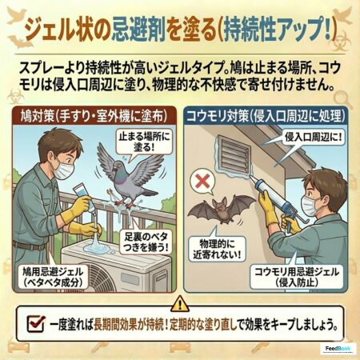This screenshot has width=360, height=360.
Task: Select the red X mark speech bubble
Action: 203,182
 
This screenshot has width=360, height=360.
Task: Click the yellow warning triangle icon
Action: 181,304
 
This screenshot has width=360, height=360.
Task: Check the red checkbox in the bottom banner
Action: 36,323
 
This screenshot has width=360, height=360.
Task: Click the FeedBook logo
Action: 338,349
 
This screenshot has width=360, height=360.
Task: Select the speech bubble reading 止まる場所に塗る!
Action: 144,142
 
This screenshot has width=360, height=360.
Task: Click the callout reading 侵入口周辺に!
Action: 313,138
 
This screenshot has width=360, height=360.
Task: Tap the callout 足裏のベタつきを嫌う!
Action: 146,242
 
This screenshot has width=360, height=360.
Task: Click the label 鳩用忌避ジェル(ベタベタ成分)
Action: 53,278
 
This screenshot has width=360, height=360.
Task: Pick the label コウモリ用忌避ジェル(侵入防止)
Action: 297,277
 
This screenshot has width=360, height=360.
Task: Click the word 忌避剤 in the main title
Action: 138,30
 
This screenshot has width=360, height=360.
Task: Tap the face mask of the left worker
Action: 64,170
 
